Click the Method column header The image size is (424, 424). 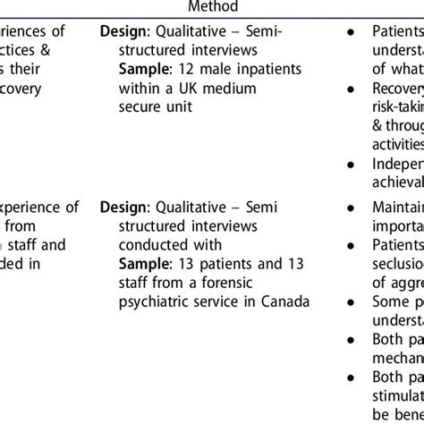pyautogui.click(x=212, y=7)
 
